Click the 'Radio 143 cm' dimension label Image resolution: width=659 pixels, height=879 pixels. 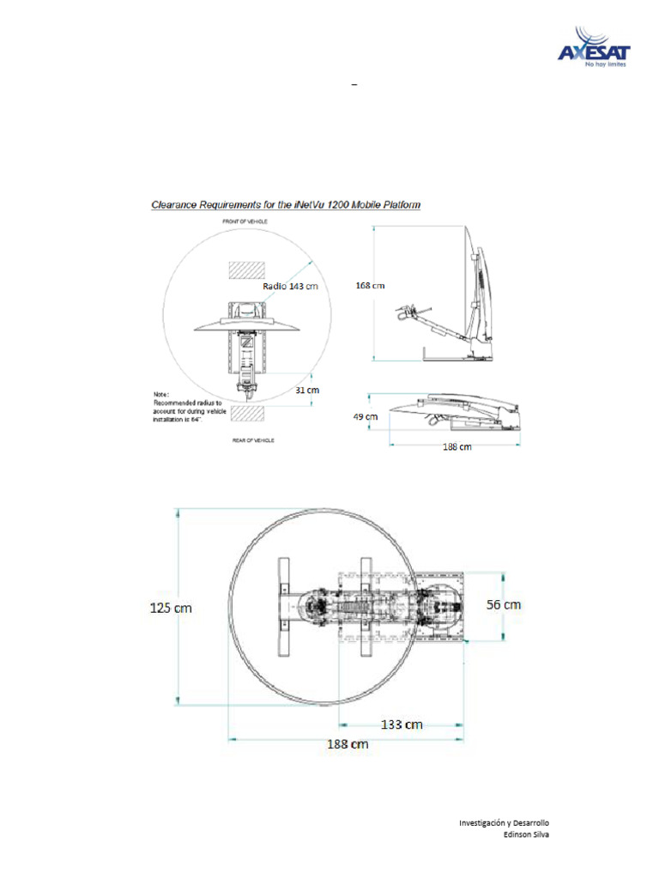pos(290,287)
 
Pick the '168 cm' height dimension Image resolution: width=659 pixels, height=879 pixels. pos(370,285)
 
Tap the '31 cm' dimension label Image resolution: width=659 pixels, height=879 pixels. pos(307,389)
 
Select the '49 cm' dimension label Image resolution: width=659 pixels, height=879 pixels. pos(366,416)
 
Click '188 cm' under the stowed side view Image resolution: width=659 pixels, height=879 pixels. pos(457,446)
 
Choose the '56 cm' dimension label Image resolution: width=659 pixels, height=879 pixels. pos(504,604)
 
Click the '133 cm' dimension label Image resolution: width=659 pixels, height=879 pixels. pos(402,724)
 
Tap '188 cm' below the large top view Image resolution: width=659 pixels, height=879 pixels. pos(348,744)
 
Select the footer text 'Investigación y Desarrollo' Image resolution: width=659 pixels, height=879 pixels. pos(504,822)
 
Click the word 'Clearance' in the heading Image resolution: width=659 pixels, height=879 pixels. pos(175,205)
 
